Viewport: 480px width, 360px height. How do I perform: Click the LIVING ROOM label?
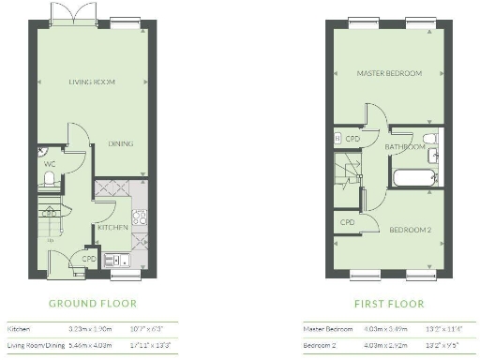[91, 82]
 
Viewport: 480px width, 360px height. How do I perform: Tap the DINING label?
[119, 143]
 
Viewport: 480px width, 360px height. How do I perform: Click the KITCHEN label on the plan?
[112, 228]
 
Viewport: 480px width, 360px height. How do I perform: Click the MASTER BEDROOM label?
[389, 73]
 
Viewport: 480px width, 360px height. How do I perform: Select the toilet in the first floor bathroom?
[428, 142]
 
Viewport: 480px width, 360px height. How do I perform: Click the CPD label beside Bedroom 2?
[348, 222]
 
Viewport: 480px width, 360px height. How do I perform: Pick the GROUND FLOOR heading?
[92, 304]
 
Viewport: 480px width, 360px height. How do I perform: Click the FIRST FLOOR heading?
[388, 304]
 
